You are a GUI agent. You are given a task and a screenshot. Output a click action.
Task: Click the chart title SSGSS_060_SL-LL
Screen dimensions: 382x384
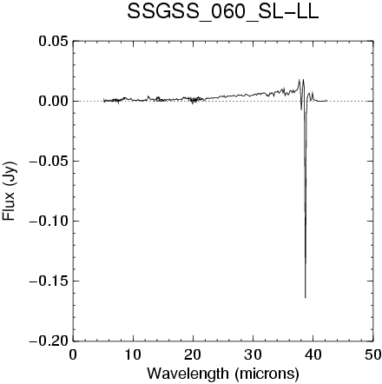click(223, 12)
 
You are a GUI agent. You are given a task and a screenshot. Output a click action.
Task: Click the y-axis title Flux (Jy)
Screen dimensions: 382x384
click(10, 191)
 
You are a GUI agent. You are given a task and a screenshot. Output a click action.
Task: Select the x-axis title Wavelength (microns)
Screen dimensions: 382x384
click(223, 374)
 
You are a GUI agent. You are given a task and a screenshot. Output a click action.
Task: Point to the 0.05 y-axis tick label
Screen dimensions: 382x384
click(54, 41)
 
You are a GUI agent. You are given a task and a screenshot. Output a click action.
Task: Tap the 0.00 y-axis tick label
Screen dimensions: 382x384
click(54, 101)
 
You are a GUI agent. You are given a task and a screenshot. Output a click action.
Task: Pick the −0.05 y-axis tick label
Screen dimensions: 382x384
click(49, 161)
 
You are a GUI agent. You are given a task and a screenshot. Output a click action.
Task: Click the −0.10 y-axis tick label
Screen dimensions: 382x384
click(49, 221)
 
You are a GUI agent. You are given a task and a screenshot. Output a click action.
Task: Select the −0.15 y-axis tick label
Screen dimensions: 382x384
click(49, 281)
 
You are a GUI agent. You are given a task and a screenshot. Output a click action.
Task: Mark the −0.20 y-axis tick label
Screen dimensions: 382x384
click(49, 341)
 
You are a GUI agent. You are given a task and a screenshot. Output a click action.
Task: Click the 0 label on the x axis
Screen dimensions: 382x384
click(73, 354)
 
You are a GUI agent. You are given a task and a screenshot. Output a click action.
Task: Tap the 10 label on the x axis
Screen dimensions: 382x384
click(133, 354)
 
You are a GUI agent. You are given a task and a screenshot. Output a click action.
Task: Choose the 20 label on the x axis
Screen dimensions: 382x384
click(193, 354)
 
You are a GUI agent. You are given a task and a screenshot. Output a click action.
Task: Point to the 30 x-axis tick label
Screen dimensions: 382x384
click(253, 354)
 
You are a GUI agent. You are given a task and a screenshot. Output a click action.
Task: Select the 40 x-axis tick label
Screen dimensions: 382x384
click(313, 354)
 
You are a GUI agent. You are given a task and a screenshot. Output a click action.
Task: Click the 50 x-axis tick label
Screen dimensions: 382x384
click(372, 354)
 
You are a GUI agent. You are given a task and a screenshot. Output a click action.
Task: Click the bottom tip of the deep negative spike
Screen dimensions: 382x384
click(306, 298)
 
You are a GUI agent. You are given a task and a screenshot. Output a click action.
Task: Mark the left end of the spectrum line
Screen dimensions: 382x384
click(103, 101)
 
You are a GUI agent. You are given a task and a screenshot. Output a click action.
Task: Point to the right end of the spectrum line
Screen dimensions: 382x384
click(327, 101)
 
